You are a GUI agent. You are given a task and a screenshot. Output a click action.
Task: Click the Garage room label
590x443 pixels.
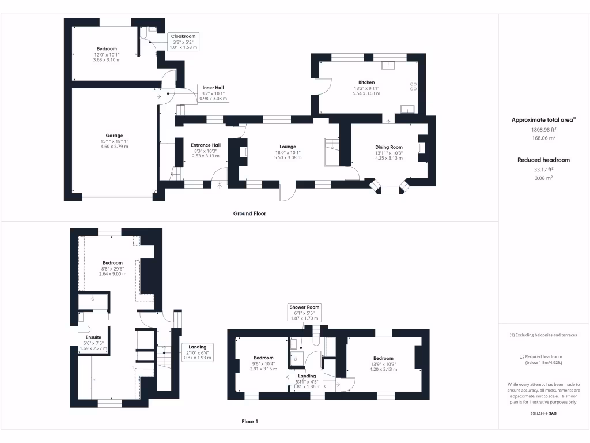click(x=114, y=136)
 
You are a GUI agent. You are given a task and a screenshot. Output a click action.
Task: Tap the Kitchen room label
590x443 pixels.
click(x=366, y=82)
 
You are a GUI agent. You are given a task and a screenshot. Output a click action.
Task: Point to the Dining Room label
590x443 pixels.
click(x=388, y=147)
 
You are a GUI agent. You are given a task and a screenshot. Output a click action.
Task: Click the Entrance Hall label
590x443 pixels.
click(x=206, y=145)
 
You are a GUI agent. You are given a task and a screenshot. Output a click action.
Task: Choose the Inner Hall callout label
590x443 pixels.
click(x=213, y=88)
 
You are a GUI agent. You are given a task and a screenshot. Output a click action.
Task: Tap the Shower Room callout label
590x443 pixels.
click(x=305, y=307)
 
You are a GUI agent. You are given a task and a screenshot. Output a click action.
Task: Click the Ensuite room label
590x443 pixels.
click(x=93, y=337)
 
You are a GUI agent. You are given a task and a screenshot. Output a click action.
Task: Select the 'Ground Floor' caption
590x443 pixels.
click(x=249, y=213)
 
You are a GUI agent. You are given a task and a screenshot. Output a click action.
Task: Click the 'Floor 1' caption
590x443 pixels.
click(x=249, y=422)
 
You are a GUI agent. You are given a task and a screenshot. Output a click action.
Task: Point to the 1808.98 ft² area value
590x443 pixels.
click(x=543, y=130)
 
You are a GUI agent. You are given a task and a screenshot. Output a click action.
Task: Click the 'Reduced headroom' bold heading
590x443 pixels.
click(x=543, y=160)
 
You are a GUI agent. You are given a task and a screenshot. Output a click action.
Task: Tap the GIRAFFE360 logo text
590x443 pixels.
click(x=543, y=414)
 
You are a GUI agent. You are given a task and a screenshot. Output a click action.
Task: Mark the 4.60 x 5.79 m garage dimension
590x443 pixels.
click(x=114, y=147)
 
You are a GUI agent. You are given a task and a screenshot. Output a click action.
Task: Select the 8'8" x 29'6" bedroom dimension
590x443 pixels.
click(x=112, y=269)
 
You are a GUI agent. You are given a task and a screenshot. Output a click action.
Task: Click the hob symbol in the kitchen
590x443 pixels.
click(x=413, y=86)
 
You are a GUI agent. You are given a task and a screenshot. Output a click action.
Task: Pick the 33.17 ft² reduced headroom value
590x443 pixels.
click(x=543, y=170)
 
